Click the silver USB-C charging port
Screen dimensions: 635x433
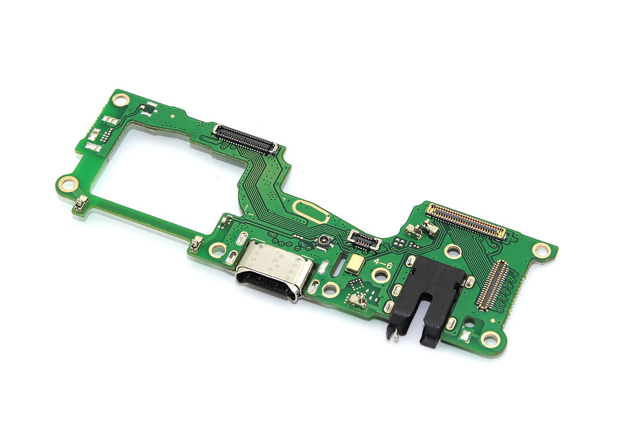point(274,271)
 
